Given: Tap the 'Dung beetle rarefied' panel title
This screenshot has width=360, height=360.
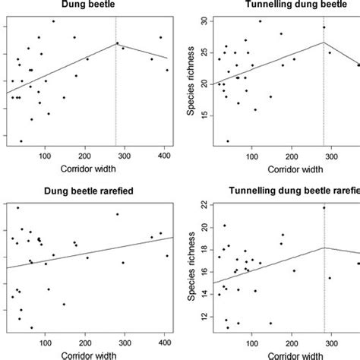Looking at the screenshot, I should (90, 191).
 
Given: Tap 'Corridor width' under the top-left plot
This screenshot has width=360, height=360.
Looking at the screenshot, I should (90, 168).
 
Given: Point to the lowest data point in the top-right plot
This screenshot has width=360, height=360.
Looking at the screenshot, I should (228, 141).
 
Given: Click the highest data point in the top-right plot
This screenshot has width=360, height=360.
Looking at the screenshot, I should (260, 21).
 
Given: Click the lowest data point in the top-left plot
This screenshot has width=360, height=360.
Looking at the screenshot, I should (21, 141).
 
